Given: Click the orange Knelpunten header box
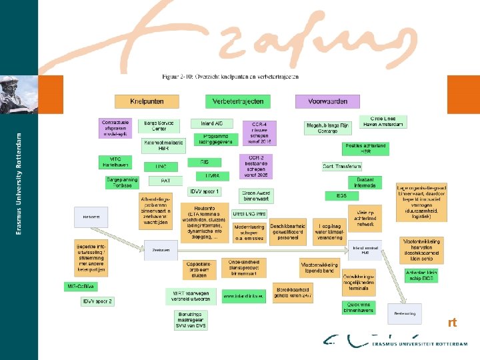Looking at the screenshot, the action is (147, 101).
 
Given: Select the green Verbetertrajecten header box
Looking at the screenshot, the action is (238, 101).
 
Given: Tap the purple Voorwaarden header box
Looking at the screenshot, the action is (327, 101).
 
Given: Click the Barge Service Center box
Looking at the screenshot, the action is (158, 126).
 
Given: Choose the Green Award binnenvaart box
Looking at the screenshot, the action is (254, 195).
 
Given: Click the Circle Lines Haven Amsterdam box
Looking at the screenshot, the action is (383, 122).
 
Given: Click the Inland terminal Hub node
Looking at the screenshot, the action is (365, 249).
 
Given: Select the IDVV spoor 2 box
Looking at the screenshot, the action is (97, 302).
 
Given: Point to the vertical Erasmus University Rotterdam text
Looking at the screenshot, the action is (18, 183).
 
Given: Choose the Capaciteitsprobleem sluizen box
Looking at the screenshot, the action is (201, 269).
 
